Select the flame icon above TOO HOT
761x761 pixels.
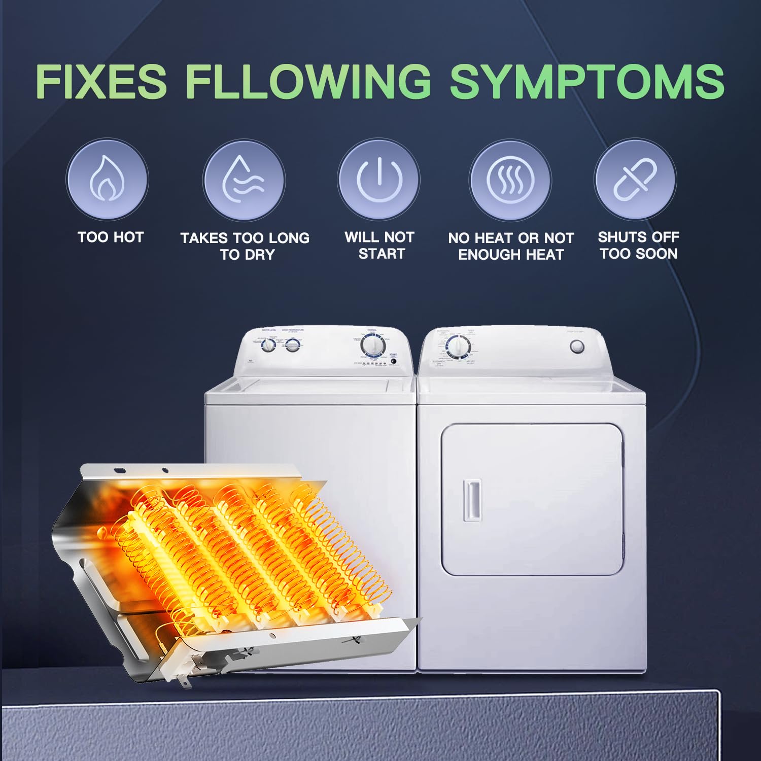(107, 180)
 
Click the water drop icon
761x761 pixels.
(244, 180)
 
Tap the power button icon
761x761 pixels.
(379, 180)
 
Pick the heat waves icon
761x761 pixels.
(510, 180)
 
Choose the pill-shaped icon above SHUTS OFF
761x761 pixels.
(635, 180)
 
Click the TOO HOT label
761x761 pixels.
(111, 237)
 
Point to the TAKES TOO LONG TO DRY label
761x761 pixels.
(245, 246)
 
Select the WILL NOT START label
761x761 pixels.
(380, 246)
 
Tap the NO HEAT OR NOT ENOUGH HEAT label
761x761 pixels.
(511, 246)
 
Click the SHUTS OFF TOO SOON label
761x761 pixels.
(639, 246)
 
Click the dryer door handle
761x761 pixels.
(472, 500)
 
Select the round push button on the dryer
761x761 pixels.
(577, 347)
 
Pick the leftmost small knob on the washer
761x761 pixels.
(268, 345)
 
